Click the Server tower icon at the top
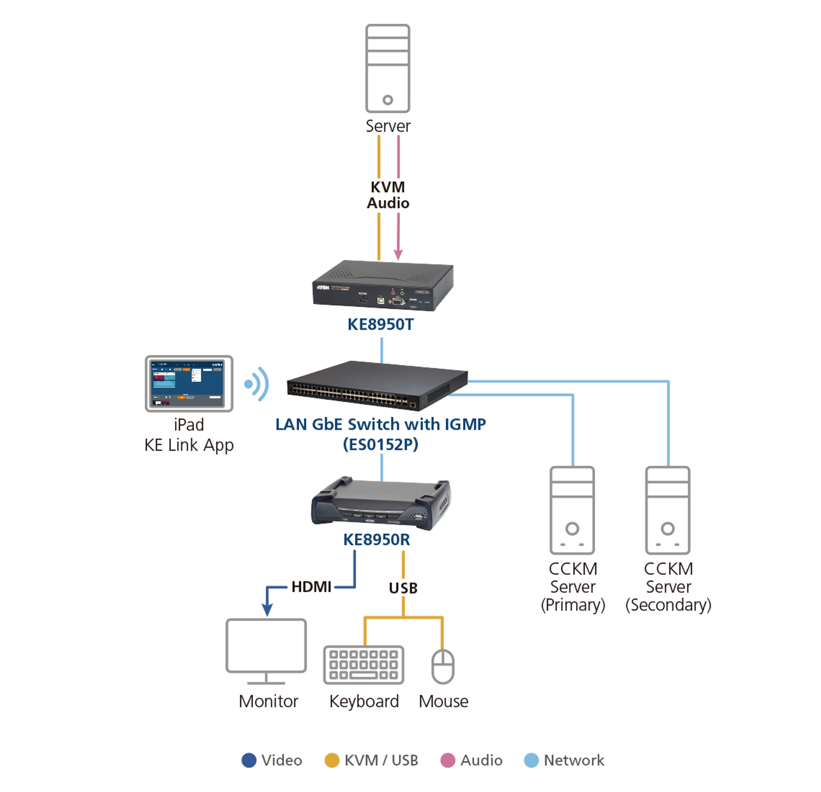pos(387,68)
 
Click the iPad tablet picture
pos(189,383)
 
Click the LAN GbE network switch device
pos(377,385)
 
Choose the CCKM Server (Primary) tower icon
pos(572,510)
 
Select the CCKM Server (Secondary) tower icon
pos(668,510)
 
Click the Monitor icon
pos(266,651)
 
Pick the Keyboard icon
pos(364,665)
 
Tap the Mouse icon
pos(443,667)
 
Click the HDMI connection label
pos(311,587)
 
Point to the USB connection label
pos(403,588)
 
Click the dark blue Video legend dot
pos(249,760)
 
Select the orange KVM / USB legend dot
pos(332,760)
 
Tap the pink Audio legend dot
pos(448,760)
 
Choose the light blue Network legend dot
pos(531,760)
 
